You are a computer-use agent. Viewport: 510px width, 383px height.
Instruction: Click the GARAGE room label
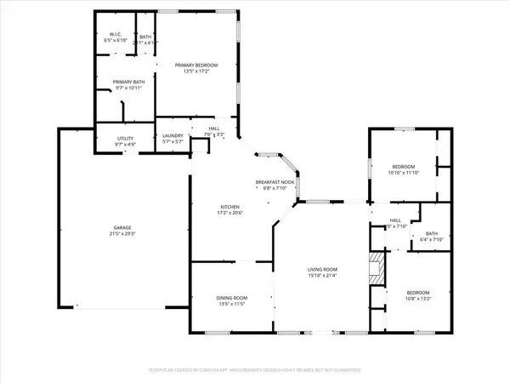(123, 227)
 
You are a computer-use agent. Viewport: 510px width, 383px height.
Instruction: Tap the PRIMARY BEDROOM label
(196, 66)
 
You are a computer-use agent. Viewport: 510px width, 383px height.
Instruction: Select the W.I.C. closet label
(115, 36)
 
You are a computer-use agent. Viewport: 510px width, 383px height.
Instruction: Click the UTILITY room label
(113, 139)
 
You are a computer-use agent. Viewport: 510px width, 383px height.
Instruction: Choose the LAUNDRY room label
(173, 136)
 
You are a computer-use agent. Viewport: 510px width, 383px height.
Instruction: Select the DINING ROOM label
(230, 297)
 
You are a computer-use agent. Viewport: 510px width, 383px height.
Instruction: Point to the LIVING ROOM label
(324, 270)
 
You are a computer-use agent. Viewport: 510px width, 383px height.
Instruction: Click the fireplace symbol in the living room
(377, 270)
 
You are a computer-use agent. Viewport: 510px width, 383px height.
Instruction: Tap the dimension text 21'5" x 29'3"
(123, 232)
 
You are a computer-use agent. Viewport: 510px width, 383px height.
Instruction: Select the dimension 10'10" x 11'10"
(403, 173)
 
